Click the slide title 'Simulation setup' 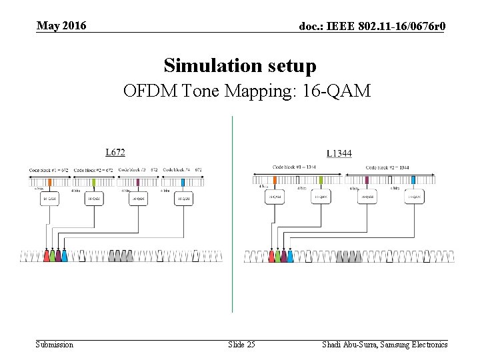point(240,66)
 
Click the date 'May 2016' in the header point(61,26)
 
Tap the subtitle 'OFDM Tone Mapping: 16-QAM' point(247,91)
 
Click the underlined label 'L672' point(115,153)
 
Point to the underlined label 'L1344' point(339,154)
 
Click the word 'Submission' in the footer point(55,344)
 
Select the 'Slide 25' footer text point(241,344)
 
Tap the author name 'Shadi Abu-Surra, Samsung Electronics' point(385,344)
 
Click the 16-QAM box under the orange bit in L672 point(50,199)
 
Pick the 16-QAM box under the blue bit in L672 point(183,199)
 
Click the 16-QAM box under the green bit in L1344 point(321,197)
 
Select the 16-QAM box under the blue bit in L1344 point(413,197)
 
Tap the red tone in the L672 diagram point(46,256)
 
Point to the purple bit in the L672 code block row point(138,182)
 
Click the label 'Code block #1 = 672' point(49,171)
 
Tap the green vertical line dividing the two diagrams point(232,213)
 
